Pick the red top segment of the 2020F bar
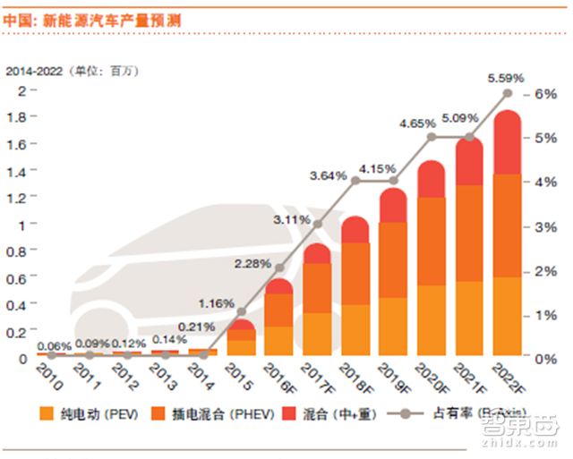[432, 179]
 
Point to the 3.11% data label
[292, 218]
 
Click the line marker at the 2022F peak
[508, 93]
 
